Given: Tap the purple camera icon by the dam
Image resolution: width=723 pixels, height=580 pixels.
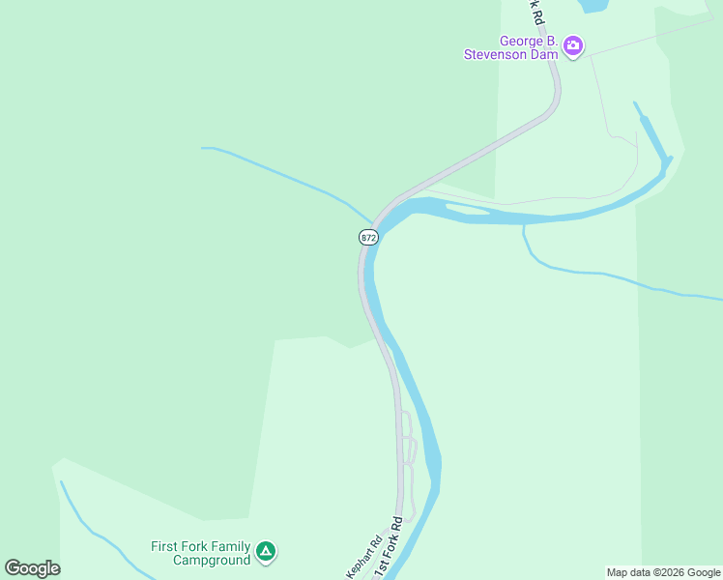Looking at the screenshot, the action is point(573,45).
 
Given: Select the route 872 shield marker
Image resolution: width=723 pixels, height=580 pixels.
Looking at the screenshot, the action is point(367,237).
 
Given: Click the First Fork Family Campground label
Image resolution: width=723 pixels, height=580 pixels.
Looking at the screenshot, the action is point(200,553).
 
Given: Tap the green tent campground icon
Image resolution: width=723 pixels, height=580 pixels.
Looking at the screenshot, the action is point(266,552).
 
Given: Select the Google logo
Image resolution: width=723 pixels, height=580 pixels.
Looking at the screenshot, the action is point(32,568).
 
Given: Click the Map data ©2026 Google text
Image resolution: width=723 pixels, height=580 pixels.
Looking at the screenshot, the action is point(664,572).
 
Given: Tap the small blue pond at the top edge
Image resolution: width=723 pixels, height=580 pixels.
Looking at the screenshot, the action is point(592,5).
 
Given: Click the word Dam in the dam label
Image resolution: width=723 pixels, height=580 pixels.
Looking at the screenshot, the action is point(544,54).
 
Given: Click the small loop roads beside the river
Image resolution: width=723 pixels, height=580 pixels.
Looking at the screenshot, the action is point(409,449).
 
